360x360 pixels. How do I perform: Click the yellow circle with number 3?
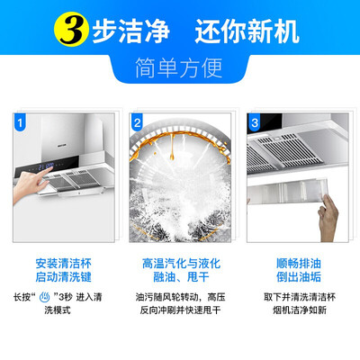[71, 29]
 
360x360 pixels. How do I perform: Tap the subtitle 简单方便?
[179, 68]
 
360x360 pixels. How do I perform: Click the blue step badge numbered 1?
[20, 122]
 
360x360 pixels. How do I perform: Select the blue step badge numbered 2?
[137, 122]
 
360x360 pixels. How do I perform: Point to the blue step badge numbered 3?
[255, 122]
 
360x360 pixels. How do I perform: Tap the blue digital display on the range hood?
[46, 166]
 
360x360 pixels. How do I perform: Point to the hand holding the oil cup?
[328, 217]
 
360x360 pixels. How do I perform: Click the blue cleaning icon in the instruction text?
[45, 297]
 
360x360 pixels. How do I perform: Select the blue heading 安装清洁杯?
[63, 264]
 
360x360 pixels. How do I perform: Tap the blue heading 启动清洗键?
[63, 276]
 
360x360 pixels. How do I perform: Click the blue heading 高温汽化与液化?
[181, 264]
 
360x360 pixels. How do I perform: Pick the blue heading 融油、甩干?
[181, 276]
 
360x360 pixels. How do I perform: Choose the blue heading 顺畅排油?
[299, 264]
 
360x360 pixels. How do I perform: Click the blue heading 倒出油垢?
[299, 276]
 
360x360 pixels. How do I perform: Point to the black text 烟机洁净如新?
[300, 310]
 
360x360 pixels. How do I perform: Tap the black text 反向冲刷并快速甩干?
[180, 310]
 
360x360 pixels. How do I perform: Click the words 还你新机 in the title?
[247, 31]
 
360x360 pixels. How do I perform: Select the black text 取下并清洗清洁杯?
[300, 297]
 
